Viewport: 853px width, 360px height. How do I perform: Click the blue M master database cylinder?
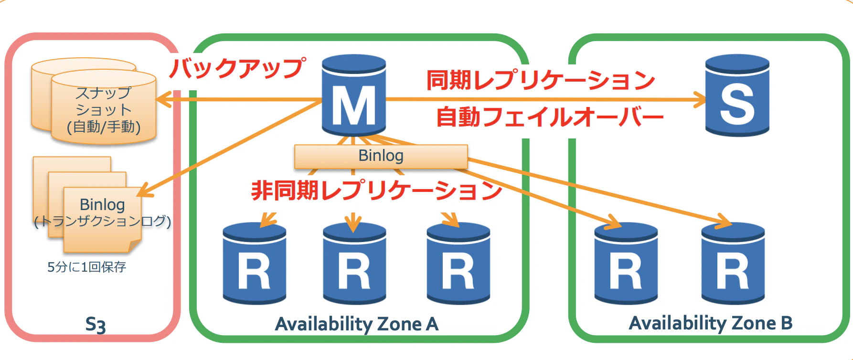tap(353, 98)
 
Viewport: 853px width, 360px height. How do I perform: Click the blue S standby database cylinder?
tap(737, 98)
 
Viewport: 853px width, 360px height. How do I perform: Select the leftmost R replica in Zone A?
tap(254, 265)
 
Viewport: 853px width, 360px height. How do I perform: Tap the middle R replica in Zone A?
tap(354, 265)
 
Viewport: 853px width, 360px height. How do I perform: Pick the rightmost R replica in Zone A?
tap(458, 265)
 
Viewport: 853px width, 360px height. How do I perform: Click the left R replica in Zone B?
tap(626, 265)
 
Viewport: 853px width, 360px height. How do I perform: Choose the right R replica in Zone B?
tap(733, 265)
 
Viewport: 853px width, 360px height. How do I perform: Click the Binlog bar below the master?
tap(381, 156)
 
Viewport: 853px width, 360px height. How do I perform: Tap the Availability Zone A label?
tap(356, 324)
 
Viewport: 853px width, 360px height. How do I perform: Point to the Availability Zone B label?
tap(710, 323)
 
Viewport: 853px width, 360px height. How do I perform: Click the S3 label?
tap(95, 325)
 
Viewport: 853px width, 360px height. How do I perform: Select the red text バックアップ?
tap(237, 68)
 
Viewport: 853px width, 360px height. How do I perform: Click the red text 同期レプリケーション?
tap(540, 80)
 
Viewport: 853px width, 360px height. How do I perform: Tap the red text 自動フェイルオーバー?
tap(549, 117)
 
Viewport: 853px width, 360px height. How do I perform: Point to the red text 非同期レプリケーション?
tap(376, 191)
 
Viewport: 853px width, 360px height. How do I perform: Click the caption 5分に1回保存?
tap(86, 267)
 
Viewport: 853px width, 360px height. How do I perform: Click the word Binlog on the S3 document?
tap(102, 204)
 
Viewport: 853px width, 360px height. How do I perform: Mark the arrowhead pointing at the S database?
tap(700, 100)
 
